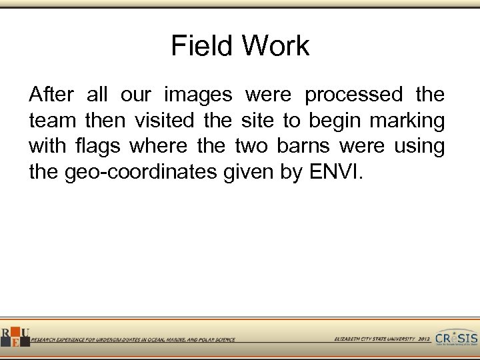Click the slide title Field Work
tap(240, 46)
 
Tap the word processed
tap(353, 95)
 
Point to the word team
tap(53, 121)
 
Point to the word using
tap(419, 147)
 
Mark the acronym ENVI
tap(335, 172)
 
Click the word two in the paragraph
tap(251, 147)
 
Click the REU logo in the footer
tap(15, 337)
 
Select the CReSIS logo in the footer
tap(457, 337)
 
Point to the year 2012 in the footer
tap(425, 339)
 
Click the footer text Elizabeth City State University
tap(374, 339)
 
